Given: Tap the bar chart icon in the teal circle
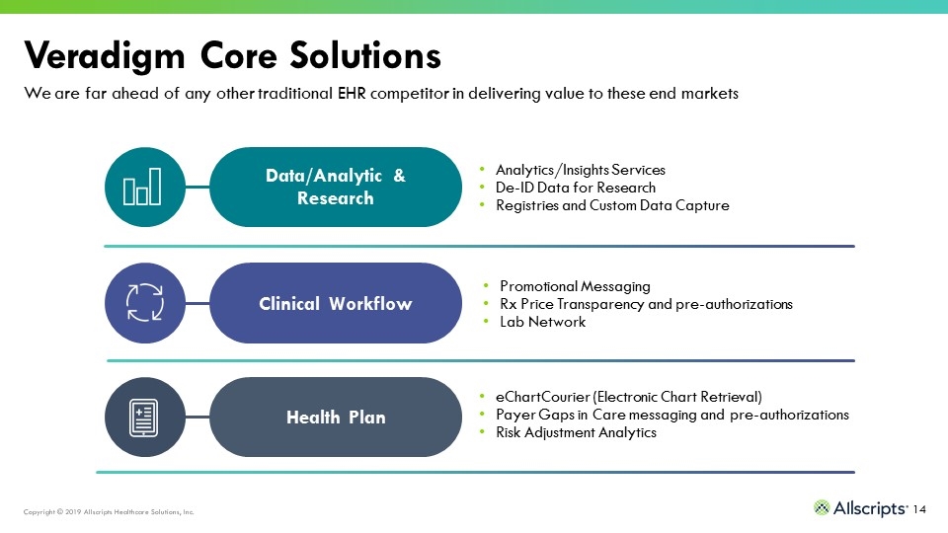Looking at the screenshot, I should click(x=143, y=187).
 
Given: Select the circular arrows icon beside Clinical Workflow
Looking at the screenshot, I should click(x=143, y=303).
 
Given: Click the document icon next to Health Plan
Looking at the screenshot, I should click(x=143, y=417).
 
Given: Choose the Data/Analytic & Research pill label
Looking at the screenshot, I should click(x=336, y=187).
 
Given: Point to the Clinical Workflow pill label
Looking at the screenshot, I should click(x=335, y=303).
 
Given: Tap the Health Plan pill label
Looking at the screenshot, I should click(x=336, y=417).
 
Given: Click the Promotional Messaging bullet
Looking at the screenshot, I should click(x=575, y=286).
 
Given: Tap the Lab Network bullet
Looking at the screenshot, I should click(x=542, y=322).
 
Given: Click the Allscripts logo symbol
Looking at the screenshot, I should click(x=823, y=508).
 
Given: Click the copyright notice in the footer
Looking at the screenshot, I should click(x=109, y=511).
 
